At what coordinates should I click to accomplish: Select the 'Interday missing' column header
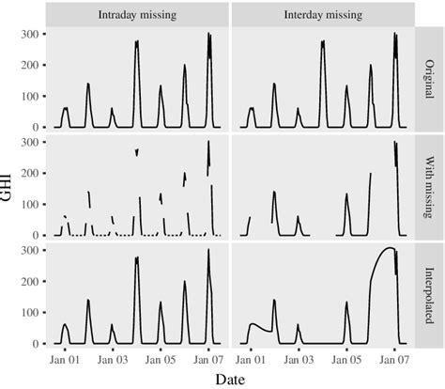(x=321, y=15)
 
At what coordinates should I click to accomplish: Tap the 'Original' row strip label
(x=429, y=79)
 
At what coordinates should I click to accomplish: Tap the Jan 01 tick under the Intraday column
(x=63, y=358)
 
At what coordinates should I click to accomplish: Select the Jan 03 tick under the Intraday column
(x=112, y=358)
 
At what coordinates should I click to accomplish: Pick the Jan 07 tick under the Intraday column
(x=208, y=358)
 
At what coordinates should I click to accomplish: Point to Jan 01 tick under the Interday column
(x=250, y=358)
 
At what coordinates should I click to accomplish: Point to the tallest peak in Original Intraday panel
(x=208, y=35)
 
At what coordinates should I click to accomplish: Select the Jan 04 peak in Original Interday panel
(x=323, y=41)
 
